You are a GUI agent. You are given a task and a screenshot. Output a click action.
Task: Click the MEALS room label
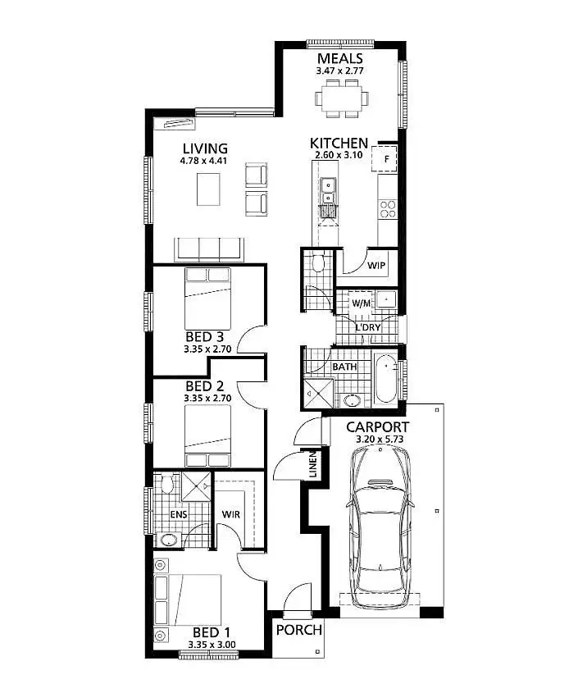340,58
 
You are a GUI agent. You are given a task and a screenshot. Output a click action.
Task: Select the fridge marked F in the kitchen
385,157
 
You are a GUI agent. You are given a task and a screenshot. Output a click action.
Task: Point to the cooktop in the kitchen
388,208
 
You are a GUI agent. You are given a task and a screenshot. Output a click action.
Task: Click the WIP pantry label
376,265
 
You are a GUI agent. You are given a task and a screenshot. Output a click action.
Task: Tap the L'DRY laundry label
368,328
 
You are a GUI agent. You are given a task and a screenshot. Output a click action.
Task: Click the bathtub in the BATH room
385,378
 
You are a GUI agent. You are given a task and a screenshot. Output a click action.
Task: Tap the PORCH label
298,630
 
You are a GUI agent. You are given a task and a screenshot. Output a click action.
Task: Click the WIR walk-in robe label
230,514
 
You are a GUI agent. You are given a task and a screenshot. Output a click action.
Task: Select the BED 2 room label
205,386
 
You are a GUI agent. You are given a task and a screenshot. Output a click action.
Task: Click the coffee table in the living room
209,190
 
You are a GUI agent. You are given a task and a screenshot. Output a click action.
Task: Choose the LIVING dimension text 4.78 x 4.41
204,161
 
